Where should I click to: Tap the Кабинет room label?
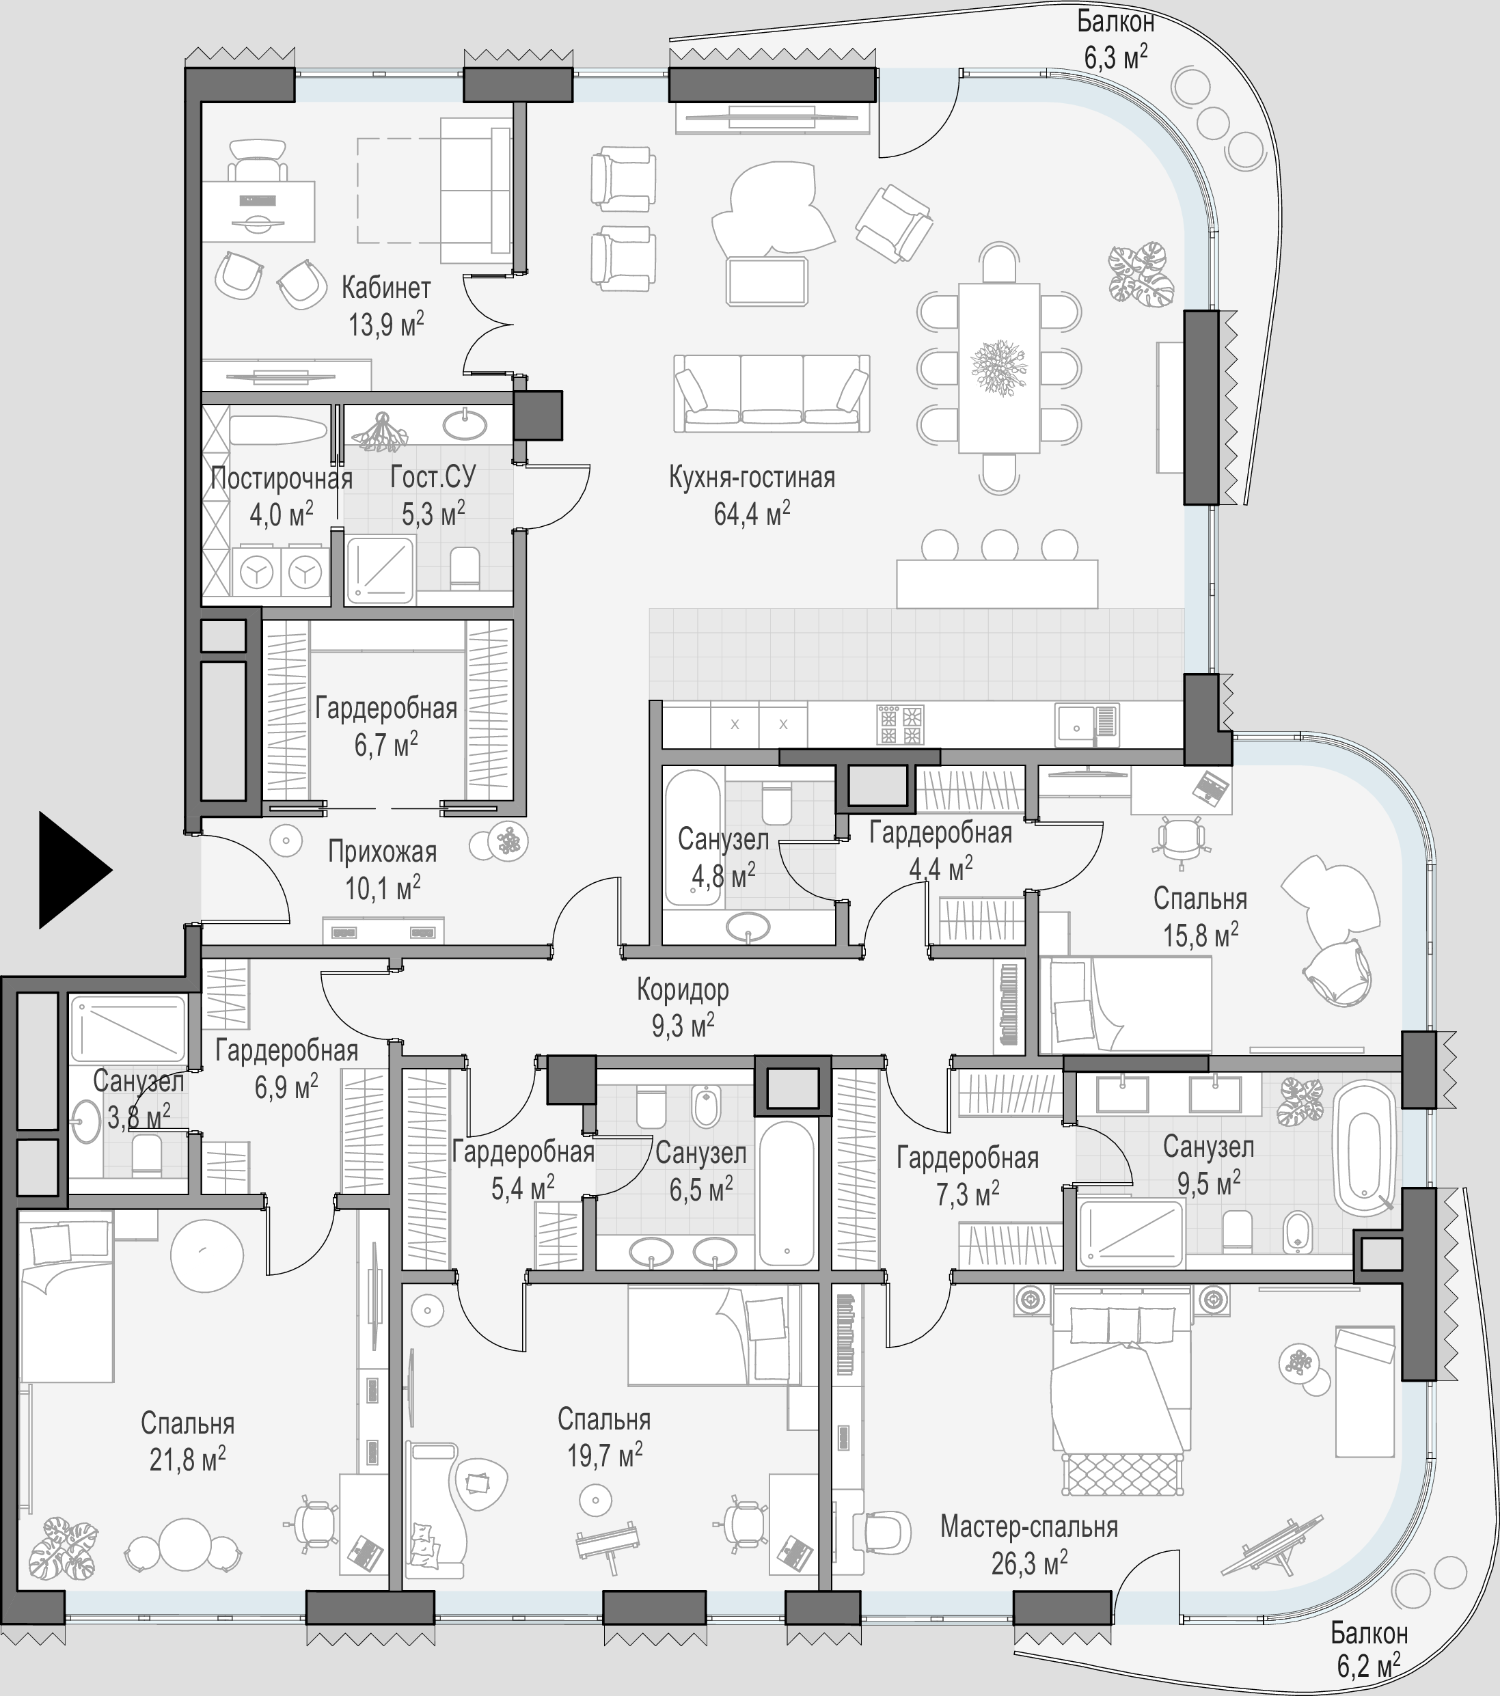(386, 288)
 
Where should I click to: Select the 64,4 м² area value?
(752, 514)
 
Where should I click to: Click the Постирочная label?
(282, 479)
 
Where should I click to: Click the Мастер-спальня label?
(1028, 1527)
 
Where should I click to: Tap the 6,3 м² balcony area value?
(1116, 58)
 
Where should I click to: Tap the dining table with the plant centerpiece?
(999, 368)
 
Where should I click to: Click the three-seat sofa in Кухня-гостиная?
(772, 394)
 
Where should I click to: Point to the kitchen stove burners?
(901, 724)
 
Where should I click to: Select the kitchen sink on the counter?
(1087, 724)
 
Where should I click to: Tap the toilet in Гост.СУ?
(465, 568)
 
